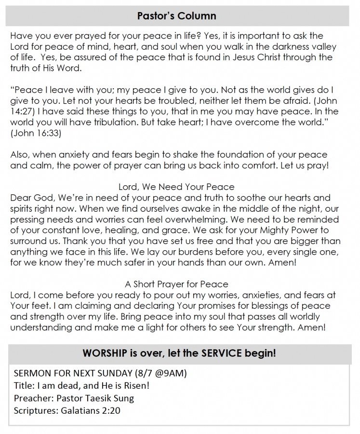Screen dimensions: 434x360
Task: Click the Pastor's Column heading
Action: pos(176,16)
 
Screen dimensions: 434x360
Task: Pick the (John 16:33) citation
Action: pos(36,134)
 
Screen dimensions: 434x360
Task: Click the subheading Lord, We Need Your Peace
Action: pos(176,187)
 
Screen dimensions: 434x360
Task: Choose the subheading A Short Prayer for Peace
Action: pos(176,284)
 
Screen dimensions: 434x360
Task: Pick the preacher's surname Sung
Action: pos(124,398)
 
